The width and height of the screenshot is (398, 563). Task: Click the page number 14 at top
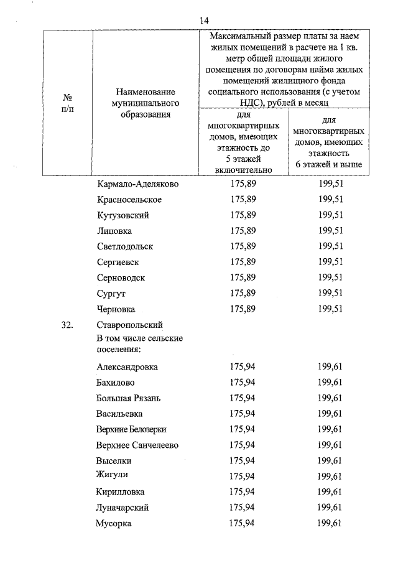click(203, 20)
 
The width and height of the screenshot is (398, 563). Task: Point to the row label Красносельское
click(129, 200)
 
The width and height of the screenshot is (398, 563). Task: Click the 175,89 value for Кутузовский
click(243, 215)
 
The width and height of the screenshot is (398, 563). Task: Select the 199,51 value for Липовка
click(330, 231)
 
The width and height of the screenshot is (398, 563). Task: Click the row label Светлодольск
click(125, 246)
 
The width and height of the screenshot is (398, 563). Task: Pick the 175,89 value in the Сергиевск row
click(243, 262)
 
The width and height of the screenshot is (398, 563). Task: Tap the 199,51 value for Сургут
click(330, 293)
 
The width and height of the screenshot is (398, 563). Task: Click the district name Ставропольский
click(129, 325)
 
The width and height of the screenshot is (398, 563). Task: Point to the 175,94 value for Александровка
click(243, 367)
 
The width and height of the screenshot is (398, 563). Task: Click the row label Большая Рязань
click(128, 398)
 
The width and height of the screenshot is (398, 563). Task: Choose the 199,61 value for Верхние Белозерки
click(330, 429)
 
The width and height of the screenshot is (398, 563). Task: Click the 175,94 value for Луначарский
click(243, 508)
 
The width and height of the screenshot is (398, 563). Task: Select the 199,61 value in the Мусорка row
click(330, 523)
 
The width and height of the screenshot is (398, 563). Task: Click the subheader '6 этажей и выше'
click(330, 164)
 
